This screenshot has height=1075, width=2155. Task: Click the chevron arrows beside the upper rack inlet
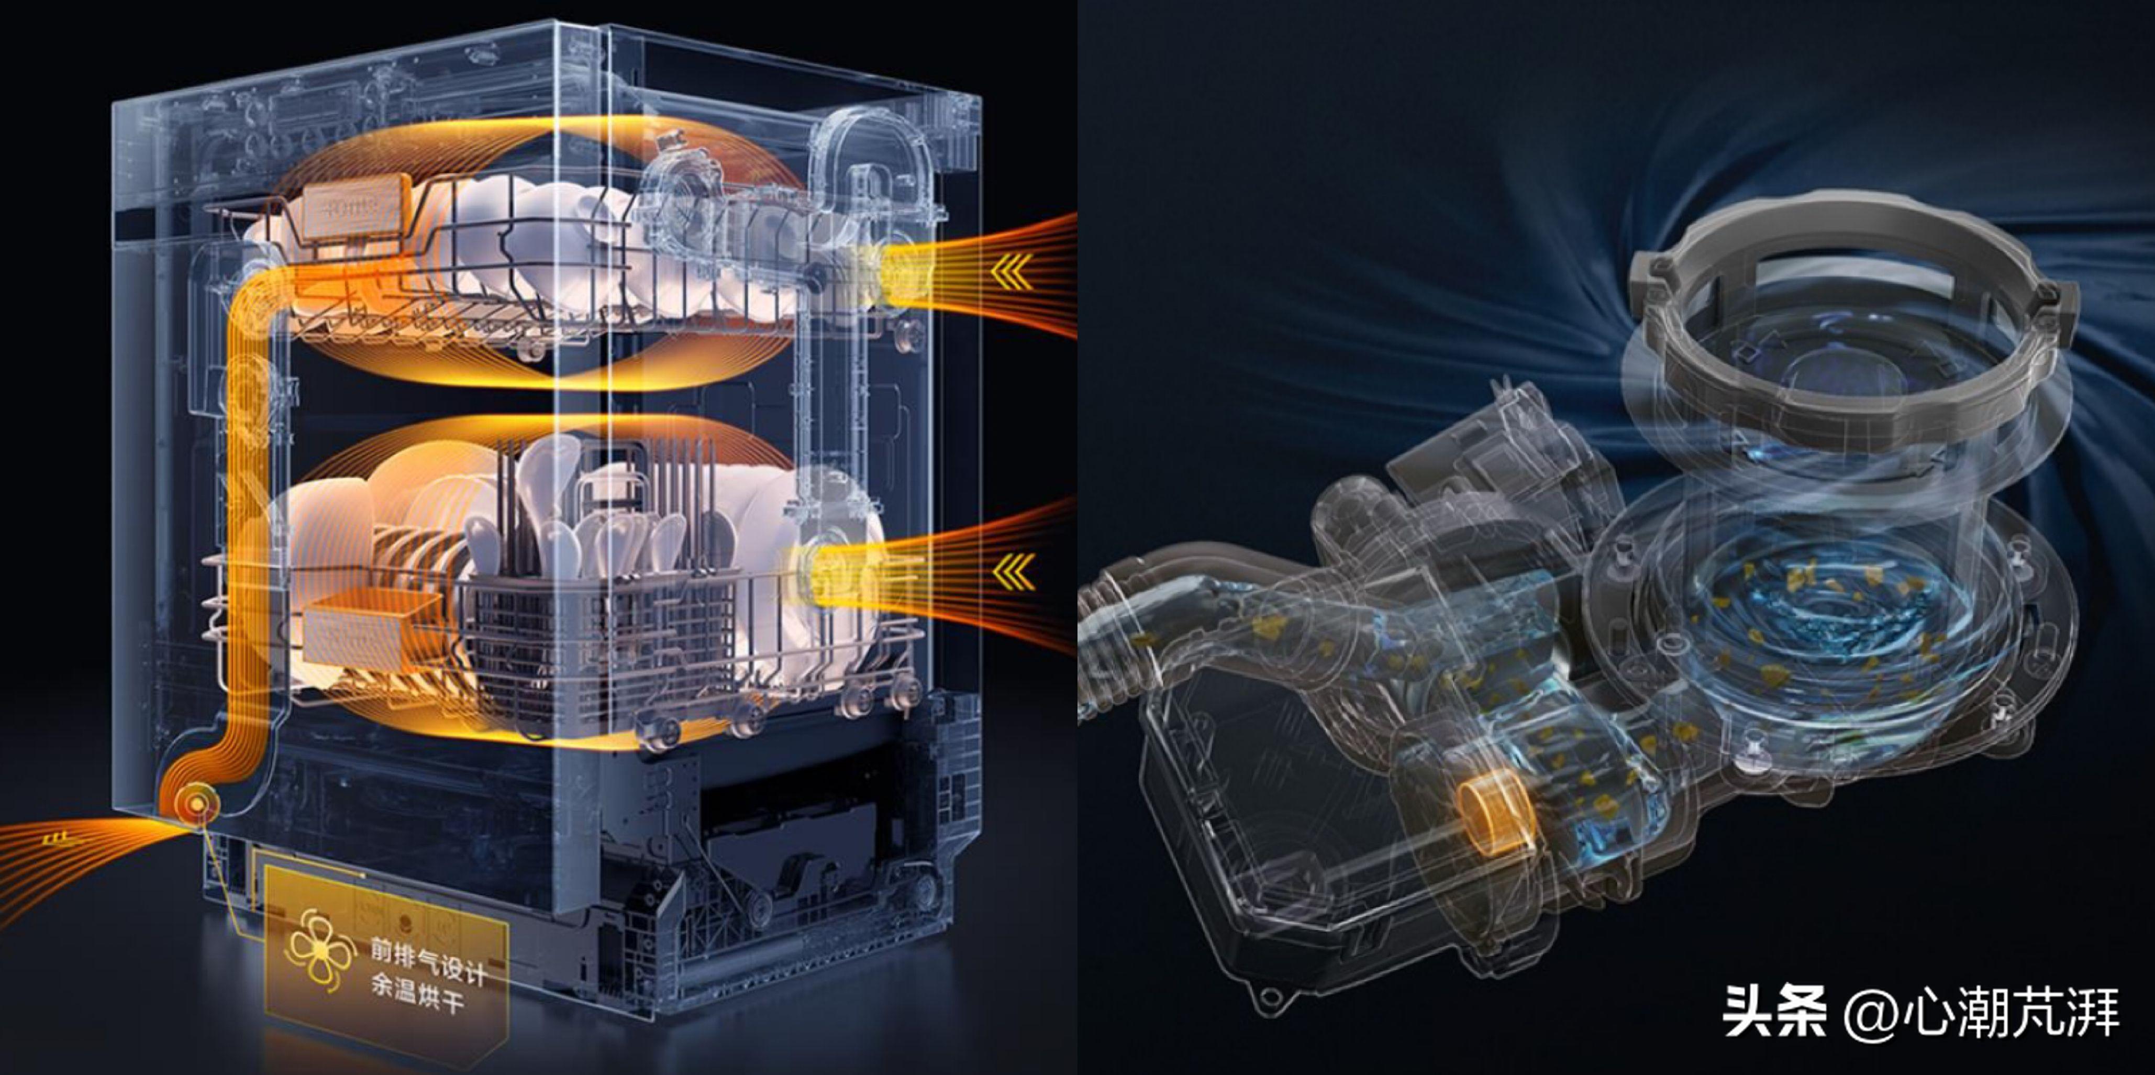[x=1012, y=272]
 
